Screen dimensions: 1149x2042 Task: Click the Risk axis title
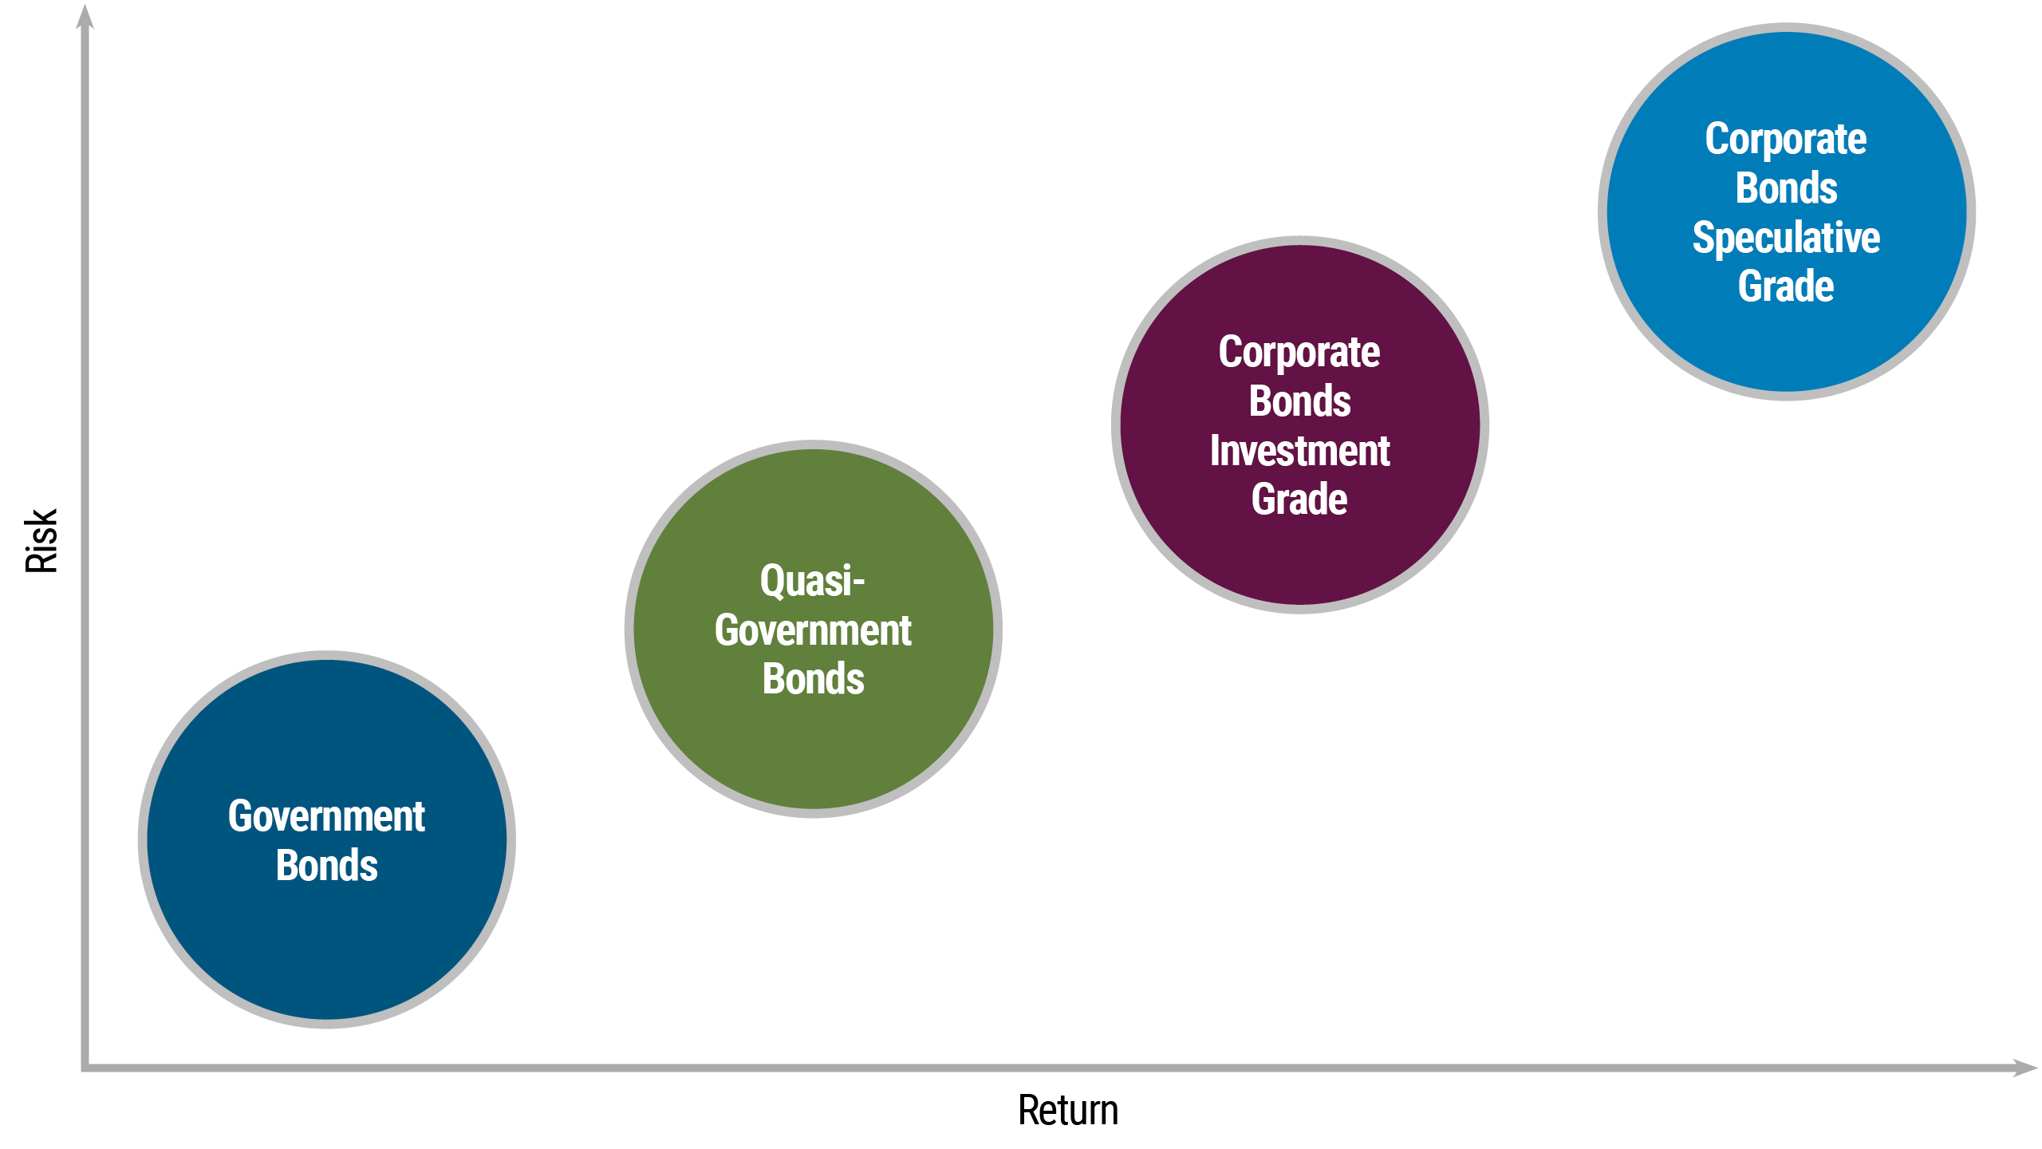(x=41, y=541)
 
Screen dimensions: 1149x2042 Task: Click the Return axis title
(x=1068, y=1111)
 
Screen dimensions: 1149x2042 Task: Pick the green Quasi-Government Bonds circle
(x=813, y=750)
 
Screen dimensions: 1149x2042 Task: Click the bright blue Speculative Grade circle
(x=1786, y=343)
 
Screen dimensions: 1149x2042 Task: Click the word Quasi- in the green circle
(x=812, y=581)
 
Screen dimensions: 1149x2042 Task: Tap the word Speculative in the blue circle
(x=1786, y=238)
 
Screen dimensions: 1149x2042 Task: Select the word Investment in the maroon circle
(x=1299, y=451)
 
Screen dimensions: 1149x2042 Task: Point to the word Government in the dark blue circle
(x=326, y=816)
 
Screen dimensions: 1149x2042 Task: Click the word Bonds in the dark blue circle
(x=326, y=866)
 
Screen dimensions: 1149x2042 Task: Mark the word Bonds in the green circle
(x=813, y=679)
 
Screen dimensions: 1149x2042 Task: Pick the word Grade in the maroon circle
(x=1299, y=499)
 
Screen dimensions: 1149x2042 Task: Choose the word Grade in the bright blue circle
(x=1786, y=286)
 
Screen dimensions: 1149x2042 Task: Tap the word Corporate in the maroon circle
(x=1299, y=352)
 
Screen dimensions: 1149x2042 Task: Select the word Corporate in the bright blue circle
(x=1786, y=140)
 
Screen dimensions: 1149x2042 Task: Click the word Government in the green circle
(x=813, y=630)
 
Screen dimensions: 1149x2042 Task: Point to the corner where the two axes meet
(x=85, y=1067)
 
